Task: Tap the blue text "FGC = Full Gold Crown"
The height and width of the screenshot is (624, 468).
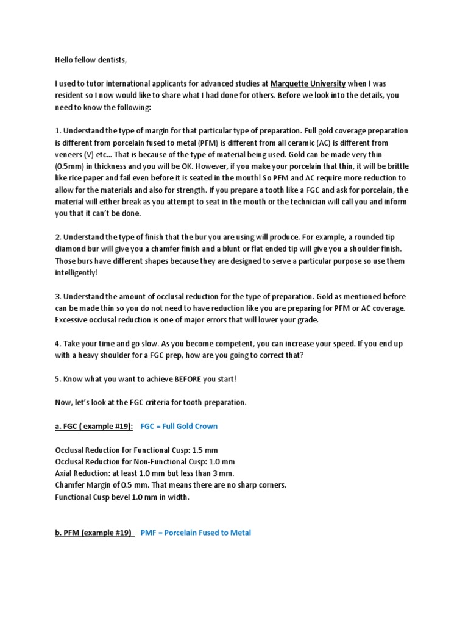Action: click(x=179, y=426)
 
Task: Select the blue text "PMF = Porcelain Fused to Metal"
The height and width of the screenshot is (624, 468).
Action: click(x=196, y=533)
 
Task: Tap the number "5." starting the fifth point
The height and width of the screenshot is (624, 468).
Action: click(x=58, y=379)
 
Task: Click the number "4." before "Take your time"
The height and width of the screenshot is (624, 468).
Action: click(x=58, y=344)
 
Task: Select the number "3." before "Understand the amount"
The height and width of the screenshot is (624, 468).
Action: click(x=58, y=297)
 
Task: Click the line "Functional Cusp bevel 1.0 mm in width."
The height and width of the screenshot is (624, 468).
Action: click(x=122, y=497)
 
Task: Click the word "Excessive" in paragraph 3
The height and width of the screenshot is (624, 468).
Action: click(x=73, y=320)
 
